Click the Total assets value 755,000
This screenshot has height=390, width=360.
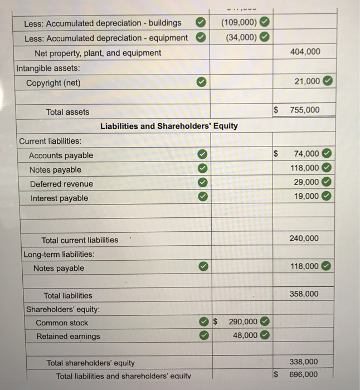click(305, 110)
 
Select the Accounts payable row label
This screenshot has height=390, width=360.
click(61, 155)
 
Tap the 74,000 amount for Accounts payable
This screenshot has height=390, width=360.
click(306, 154)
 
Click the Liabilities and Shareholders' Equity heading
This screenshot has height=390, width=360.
click(169, 126)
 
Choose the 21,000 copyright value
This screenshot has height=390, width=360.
click(307, 81)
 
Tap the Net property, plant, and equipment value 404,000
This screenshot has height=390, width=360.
click(305, 51)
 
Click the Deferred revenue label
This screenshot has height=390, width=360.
click(61, 184)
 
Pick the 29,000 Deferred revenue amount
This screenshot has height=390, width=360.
click(305, 182)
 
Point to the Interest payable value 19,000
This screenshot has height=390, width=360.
click(305, 196)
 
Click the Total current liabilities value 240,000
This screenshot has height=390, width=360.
click(305, 238)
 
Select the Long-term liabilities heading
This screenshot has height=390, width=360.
click(59, 254)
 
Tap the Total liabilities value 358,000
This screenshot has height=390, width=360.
click(305, 294)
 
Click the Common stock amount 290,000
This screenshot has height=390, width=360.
click(243, 321)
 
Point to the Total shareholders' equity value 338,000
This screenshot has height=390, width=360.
click(305, 362)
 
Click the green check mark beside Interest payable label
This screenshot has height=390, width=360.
click(204, 197)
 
